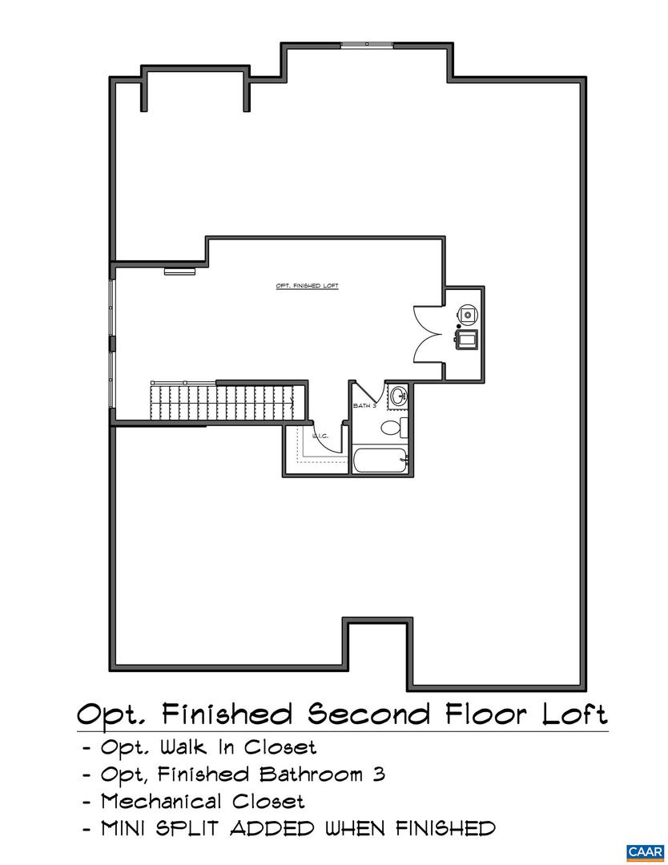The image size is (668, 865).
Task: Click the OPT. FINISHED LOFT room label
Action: click(307, 286)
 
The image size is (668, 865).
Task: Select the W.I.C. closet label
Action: click(320, 436)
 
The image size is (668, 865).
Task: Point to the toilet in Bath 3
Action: click(391, 427)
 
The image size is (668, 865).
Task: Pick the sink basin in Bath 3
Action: click(398, 394)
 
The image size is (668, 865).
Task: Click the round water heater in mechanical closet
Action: click(466, 313)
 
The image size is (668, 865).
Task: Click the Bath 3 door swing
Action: click(367, 392)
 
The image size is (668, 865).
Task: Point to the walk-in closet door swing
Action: click(330, 439)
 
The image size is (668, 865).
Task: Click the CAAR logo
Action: click(644, 851)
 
